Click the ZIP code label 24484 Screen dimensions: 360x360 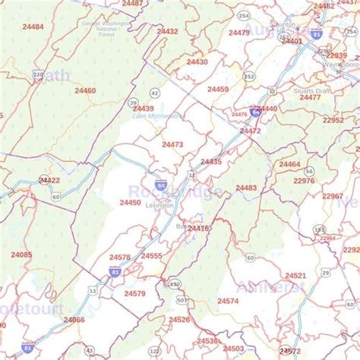click(x=33, y=26)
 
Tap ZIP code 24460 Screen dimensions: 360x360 click(x=85, y=90)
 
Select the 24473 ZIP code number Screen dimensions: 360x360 click(x=172, y=144)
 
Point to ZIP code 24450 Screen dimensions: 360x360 click(x=130, y=202)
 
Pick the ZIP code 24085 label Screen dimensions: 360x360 click(x=21, y=254)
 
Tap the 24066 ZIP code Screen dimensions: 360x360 click(x=74, y=320)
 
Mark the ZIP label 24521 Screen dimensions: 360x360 click(x=295, y=275)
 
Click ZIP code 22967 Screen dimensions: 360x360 click(x=332, y=196)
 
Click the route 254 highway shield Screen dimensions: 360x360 click(x=242, y=15)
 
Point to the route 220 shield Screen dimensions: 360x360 click(x=38, y=74)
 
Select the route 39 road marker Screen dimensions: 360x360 click(x=133, y=103)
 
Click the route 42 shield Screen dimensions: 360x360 click(x=155, y=92)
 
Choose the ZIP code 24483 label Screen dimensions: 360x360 click(x=245, y=188)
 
